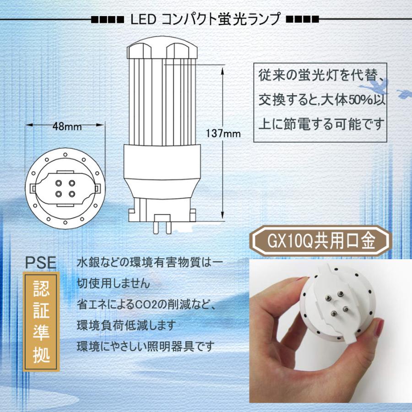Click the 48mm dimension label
pyautogui.click(x=66, y=126)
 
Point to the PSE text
pyautogui.click(x=40, y=262)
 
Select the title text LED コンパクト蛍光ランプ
pyautogui.click(x=205, y=20)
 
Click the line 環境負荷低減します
pyautogui.click(x=126, y=325)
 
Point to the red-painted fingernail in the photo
pyautogui.click(x=379, y=328)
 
